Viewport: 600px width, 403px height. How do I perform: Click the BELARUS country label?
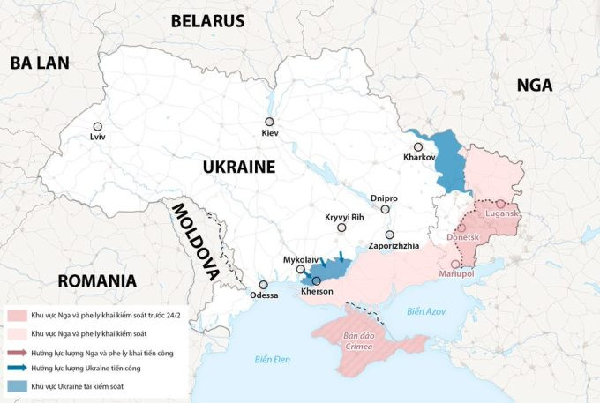point(207,20)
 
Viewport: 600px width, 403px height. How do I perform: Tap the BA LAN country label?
point(40,63)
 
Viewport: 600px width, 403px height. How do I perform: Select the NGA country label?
point(535,85)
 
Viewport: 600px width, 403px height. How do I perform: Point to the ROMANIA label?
point(97,282)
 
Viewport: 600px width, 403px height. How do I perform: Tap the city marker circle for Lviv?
point(97,126)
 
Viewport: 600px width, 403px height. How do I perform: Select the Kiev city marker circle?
point(269,123)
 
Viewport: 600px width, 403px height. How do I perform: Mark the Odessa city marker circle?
point(263,285)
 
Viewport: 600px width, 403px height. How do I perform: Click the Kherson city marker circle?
point(317,280)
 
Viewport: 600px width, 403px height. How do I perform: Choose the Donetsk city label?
point(462,238)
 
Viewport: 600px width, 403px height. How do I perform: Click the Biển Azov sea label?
point(428,311)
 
